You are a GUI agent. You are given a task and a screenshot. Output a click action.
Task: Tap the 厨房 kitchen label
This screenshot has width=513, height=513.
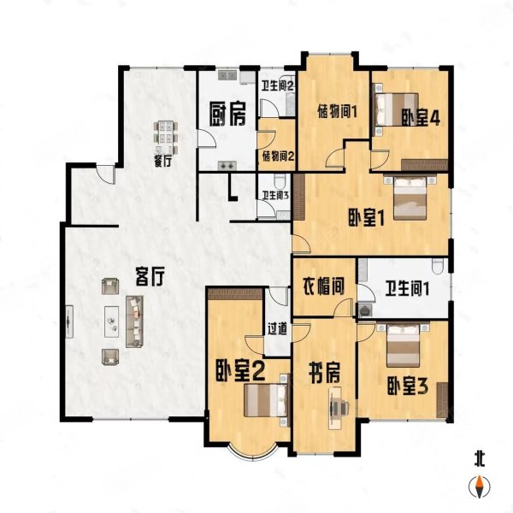pos(227,115)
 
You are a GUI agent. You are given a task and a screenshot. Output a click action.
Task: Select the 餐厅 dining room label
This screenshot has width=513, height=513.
pos(163,162)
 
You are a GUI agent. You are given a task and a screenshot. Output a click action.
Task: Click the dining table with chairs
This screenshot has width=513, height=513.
pos(166,136)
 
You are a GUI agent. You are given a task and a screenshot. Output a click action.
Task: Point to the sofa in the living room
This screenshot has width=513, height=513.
pos(135,321)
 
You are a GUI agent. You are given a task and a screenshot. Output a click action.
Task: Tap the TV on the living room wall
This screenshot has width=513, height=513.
pos(69,321)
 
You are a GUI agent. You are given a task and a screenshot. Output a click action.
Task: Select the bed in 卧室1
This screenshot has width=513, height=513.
pos(410,198)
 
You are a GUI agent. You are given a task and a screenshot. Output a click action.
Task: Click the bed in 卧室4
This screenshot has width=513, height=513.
pos(396,109)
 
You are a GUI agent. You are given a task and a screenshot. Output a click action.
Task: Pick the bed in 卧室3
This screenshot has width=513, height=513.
pos(403,345)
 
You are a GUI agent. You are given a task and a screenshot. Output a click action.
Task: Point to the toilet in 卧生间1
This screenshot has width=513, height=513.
pos(438,266)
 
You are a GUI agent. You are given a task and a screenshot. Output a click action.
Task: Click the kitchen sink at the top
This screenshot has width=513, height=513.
pos(227,75)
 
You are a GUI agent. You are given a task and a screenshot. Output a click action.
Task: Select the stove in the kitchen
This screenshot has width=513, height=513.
pos(227,166)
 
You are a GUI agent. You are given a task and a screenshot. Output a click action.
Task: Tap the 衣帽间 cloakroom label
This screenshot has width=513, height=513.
pos(323,287)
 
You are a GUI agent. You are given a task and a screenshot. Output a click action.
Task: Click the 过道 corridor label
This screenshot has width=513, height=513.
pos(277,329)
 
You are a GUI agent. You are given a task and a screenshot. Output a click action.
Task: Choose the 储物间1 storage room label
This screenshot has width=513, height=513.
pos(337,113)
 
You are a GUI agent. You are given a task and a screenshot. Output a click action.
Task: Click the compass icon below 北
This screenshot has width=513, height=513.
pos(480,486)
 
